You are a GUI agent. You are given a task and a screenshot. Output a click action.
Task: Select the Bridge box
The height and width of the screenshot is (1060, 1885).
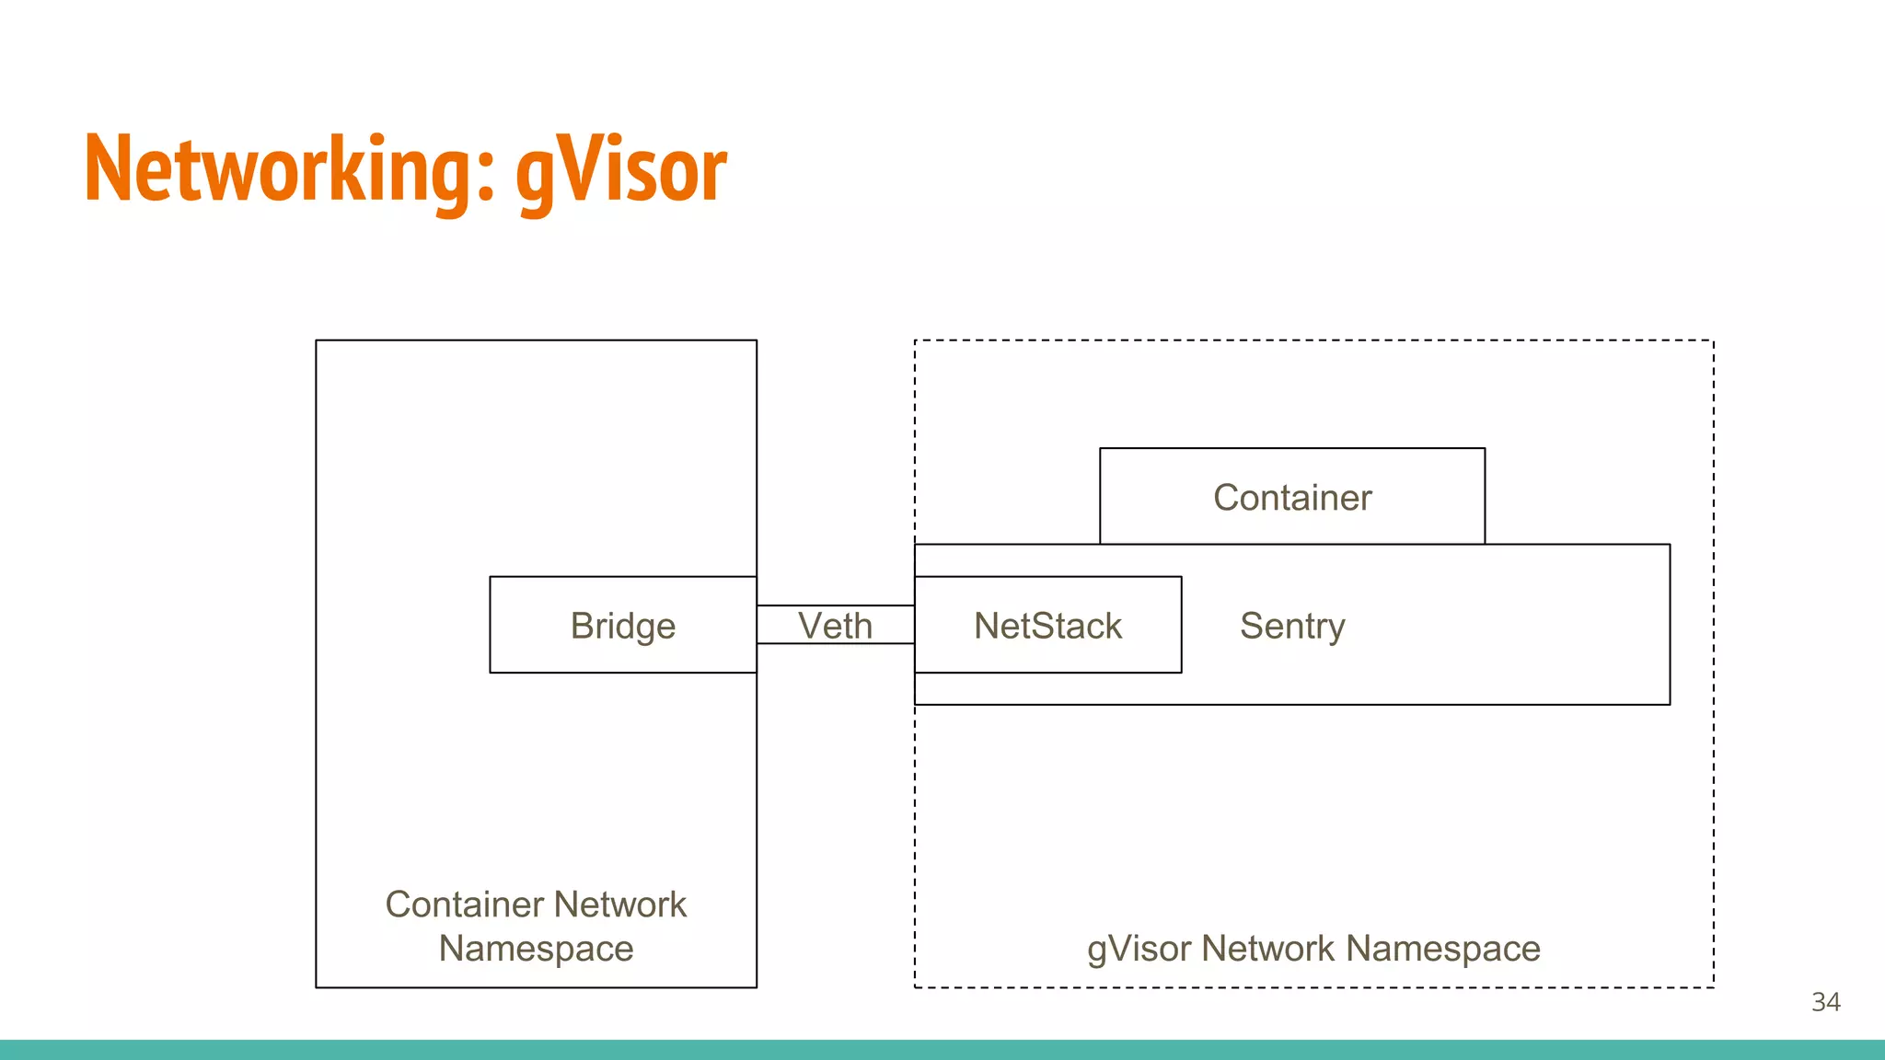click(x=623, y=625)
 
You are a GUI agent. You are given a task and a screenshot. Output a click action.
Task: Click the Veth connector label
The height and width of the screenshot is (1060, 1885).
click(x=835, y=626)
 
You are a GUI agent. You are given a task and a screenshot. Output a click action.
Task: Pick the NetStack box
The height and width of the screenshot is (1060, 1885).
click(x=1047, y=626)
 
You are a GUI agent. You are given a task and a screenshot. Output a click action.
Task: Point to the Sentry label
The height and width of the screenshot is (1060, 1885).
click(x=1292, y=626)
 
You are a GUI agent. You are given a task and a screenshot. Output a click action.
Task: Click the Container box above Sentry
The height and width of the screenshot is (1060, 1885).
click(x=1292, y=497)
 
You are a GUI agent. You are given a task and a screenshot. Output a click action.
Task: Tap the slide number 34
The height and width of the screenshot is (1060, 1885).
click(x=1826, y=1002)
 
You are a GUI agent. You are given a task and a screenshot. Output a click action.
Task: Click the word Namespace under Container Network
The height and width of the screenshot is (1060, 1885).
click(x=536, y=949)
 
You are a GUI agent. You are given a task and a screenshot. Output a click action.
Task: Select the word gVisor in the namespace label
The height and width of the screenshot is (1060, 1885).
click(x=1139, y=949)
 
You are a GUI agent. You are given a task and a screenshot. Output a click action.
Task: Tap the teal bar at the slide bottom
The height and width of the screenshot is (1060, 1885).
click(x=942, y=1050)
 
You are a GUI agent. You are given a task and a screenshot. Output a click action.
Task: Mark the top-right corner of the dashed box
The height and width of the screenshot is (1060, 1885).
click(x=1714, y=340)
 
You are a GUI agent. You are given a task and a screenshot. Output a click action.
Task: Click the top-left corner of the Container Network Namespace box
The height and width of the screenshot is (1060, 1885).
click(x=316, y=340)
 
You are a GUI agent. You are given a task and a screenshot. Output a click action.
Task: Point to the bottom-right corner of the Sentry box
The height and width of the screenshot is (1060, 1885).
click(x=1670, y=705)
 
